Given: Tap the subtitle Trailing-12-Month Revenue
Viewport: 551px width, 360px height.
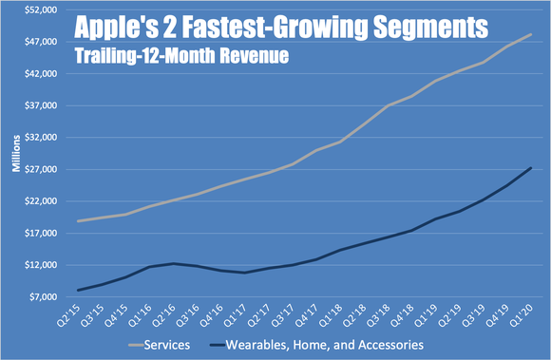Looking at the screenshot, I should click(x=190, y=54).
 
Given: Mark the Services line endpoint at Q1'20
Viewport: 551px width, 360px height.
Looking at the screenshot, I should click(x=530, y=34).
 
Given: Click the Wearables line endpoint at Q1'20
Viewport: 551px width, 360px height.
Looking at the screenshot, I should click(x=530, y=168).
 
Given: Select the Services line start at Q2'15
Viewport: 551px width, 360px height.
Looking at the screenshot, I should click(x=79, y=221).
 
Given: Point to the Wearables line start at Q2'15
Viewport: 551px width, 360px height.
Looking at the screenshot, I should click(x=79, y=290).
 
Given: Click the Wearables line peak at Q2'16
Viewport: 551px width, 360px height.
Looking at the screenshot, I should click(x=174, y=263).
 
